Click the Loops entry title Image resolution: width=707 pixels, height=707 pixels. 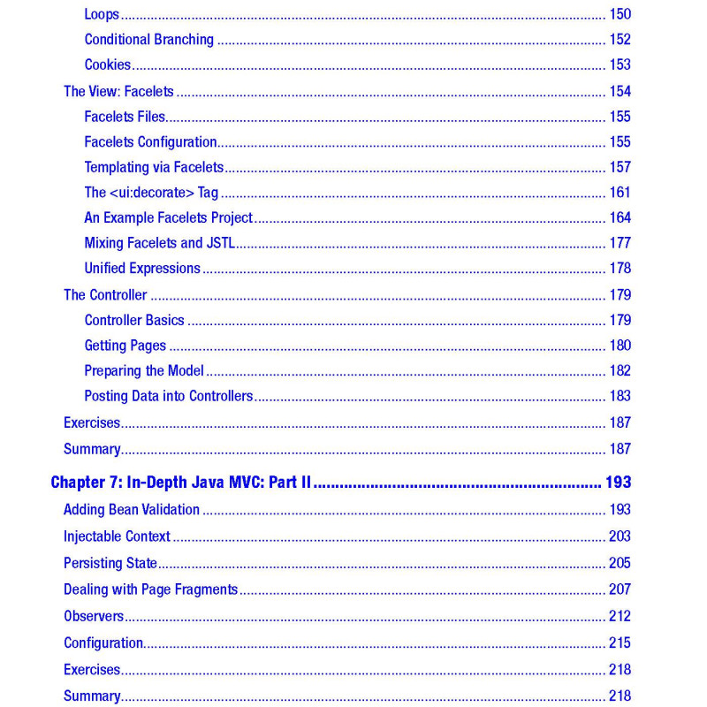tap(102, 14)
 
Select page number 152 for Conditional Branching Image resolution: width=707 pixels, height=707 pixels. tap(620, 40)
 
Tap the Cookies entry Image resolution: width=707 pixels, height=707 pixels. tap(108, 65)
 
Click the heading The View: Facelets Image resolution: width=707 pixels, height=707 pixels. tap(118, 91)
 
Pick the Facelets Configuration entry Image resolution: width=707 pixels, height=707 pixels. tap(150, 141)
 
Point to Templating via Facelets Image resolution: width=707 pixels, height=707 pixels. tap(154, 167)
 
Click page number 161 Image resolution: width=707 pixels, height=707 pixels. tap(620, 193)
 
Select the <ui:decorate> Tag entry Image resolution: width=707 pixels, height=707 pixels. tap(151, 193)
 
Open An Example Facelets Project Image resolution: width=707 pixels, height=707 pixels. tap(168, 217)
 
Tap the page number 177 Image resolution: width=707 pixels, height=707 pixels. tap(620, 243)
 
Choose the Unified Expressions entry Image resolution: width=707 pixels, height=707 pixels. tap(142, 268)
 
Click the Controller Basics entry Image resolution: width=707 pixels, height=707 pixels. tap(134, 320)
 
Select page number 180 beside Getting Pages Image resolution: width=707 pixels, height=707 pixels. tap(620, 346)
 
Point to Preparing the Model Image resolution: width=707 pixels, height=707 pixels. tap(144, 371)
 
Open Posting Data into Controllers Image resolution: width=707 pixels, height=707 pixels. tap(169, 396)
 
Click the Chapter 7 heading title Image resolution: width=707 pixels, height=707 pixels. tap(183, 483)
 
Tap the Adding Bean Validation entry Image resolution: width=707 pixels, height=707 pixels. tap(132, 510)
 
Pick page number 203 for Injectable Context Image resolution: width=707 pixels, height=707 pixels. tap(620, 536)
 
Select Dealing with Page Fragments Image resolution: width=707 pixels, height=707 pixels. tap(150, 589)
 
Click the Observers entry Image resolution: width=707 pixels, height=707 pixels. tap(94, 616)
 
